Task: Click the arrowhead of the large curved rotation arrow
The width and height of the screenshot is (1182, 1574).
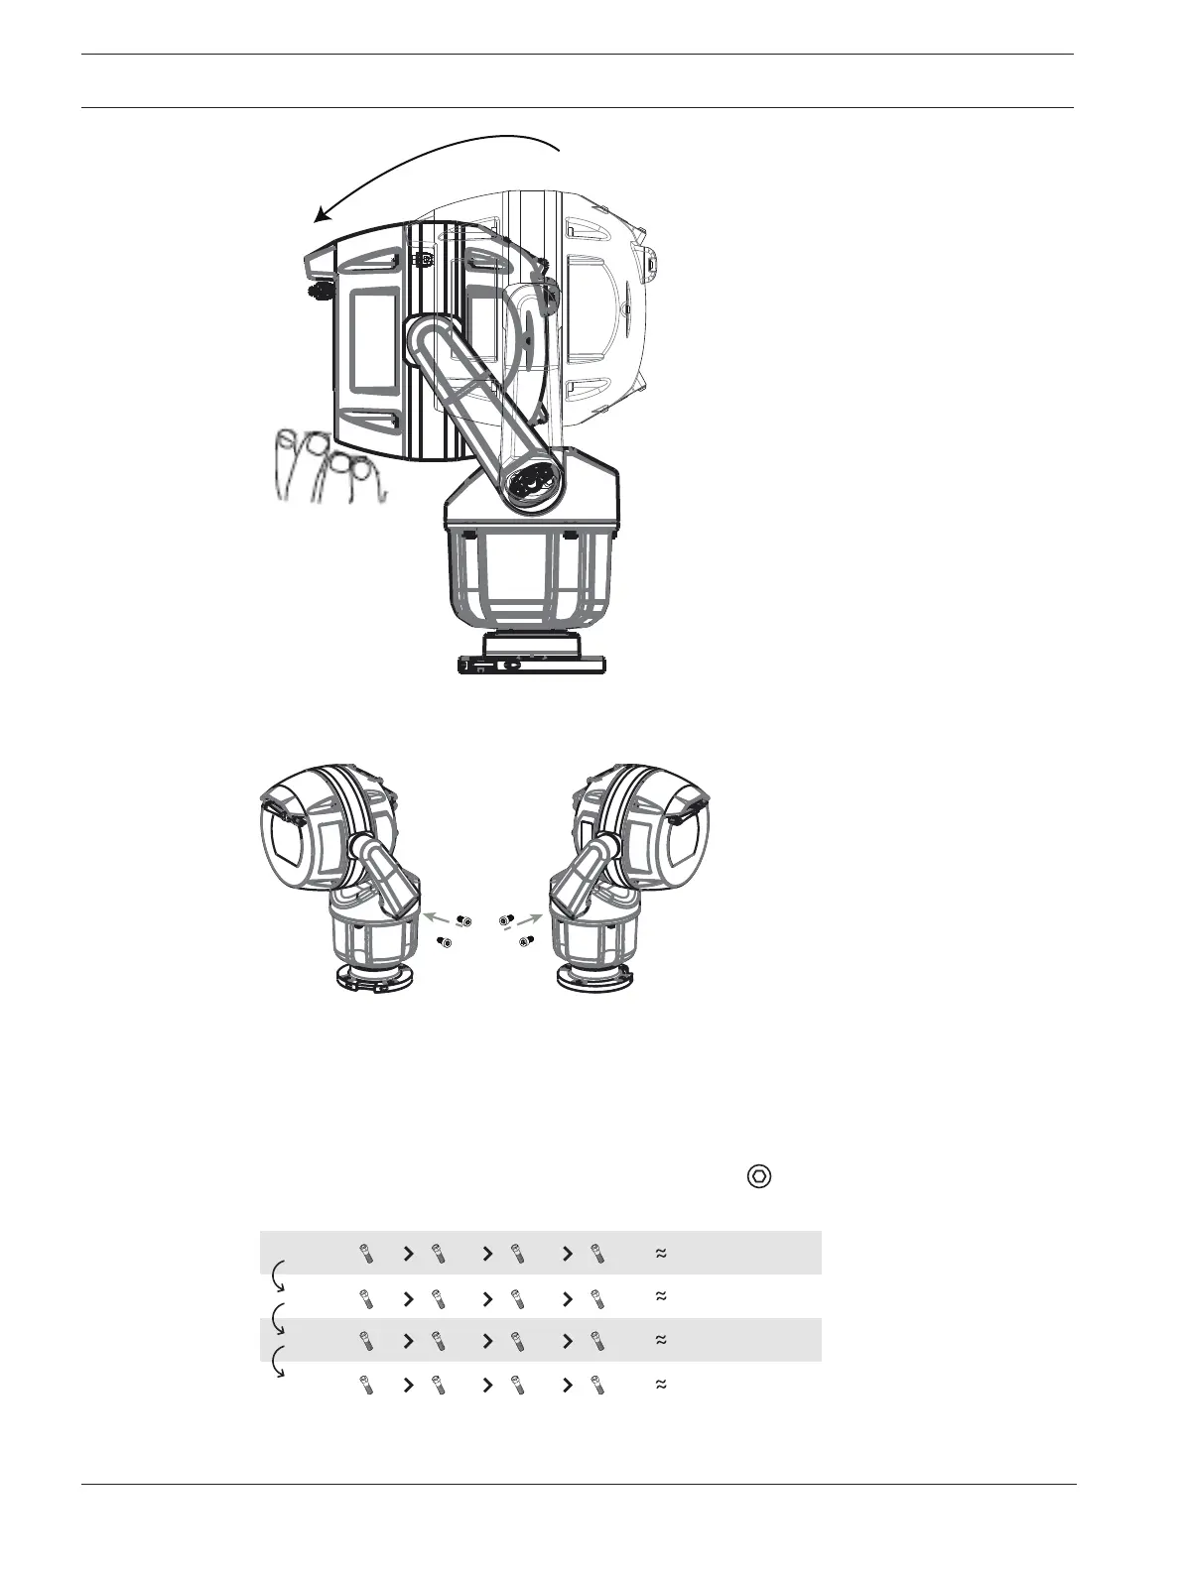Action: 320,217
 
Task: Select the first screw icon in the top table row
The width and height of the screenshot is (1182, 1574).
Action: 366,1254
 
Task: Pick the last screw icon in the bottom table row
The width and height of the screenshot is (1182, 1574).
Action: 595,1385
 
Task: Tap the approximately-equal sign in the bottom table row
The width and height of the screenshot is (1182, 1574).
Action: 660,1385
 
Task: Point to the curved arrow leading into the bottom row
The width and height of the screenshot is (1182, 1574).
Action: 278,1363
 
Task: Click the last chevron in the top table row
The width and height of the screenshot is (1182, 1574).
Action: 568,1254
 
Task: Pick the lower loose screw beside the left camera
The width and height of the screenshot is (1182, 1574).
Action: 446,943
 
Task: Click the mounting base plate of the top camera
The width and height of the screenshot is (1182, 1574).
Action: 532,665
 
